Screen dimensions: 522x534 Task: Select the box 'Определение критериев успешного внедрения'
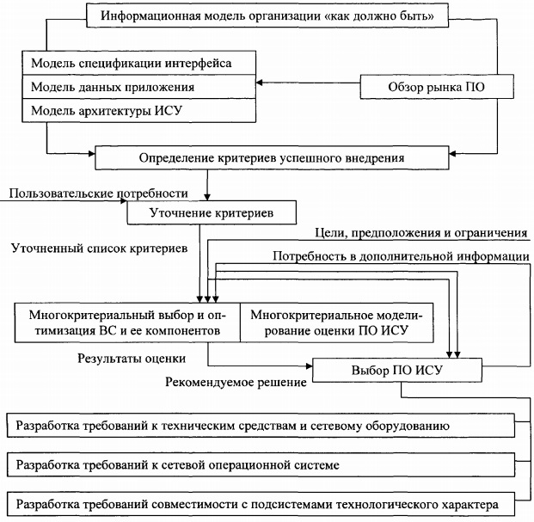tap(271, 159)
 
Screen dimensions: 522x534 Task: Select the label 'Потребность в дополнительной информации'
tap(400, 256)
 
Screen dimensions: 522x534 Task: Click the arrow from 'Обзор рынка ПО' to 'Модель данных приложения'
tap(306, 84)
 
